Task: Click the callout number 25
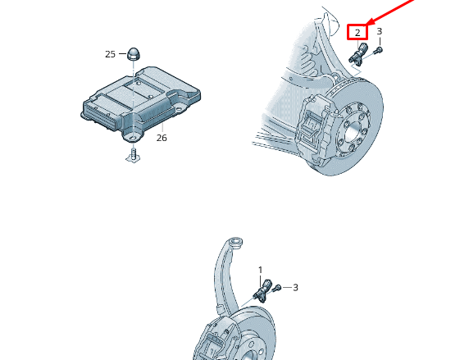click(110, 54)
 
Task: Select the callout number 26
click(162, 138)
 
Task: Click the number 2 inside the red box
click(357, 33)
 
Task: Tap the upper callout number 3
click(379, 32)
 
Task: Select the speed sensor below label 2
click(357, 55)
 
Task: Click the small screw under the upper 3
click(378, 51)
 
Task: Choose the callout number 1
click(261, 270)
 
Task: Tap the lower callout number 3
click(295, 288)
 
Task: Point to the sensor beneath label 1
click(262, 291)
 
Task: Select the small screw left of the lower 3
click(278, 288)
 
